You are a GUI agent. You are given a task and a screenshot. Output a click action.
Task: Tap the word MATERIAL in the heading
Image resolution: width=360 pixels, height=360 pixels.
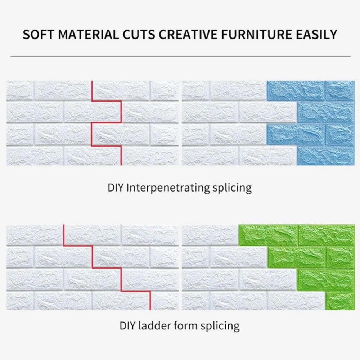(88, 35)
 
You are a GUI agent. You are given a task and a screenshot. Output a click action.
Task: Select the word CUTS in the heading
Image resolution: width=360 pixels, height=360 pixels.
(139, 35)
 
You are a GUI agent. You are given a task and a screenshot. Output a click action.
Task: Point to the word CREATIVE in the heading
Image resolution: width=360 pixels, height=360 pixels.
(188, 35)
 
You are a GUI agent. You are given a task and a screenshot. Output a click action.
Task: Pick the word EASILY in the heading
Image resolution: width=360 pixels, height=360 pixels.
(316, 35)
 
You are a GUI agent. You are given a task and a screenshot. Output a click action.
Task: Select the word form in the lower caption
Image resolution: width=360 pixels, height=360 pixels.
(185, 326)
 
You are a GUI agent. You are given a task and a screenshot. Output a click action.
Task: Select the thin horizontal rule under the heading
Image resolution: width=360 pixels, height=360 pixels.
(180, 56)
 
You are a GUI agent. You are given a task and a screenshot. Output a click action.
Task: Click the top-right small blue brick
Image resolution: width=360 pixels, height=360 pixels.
(340, 90)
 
